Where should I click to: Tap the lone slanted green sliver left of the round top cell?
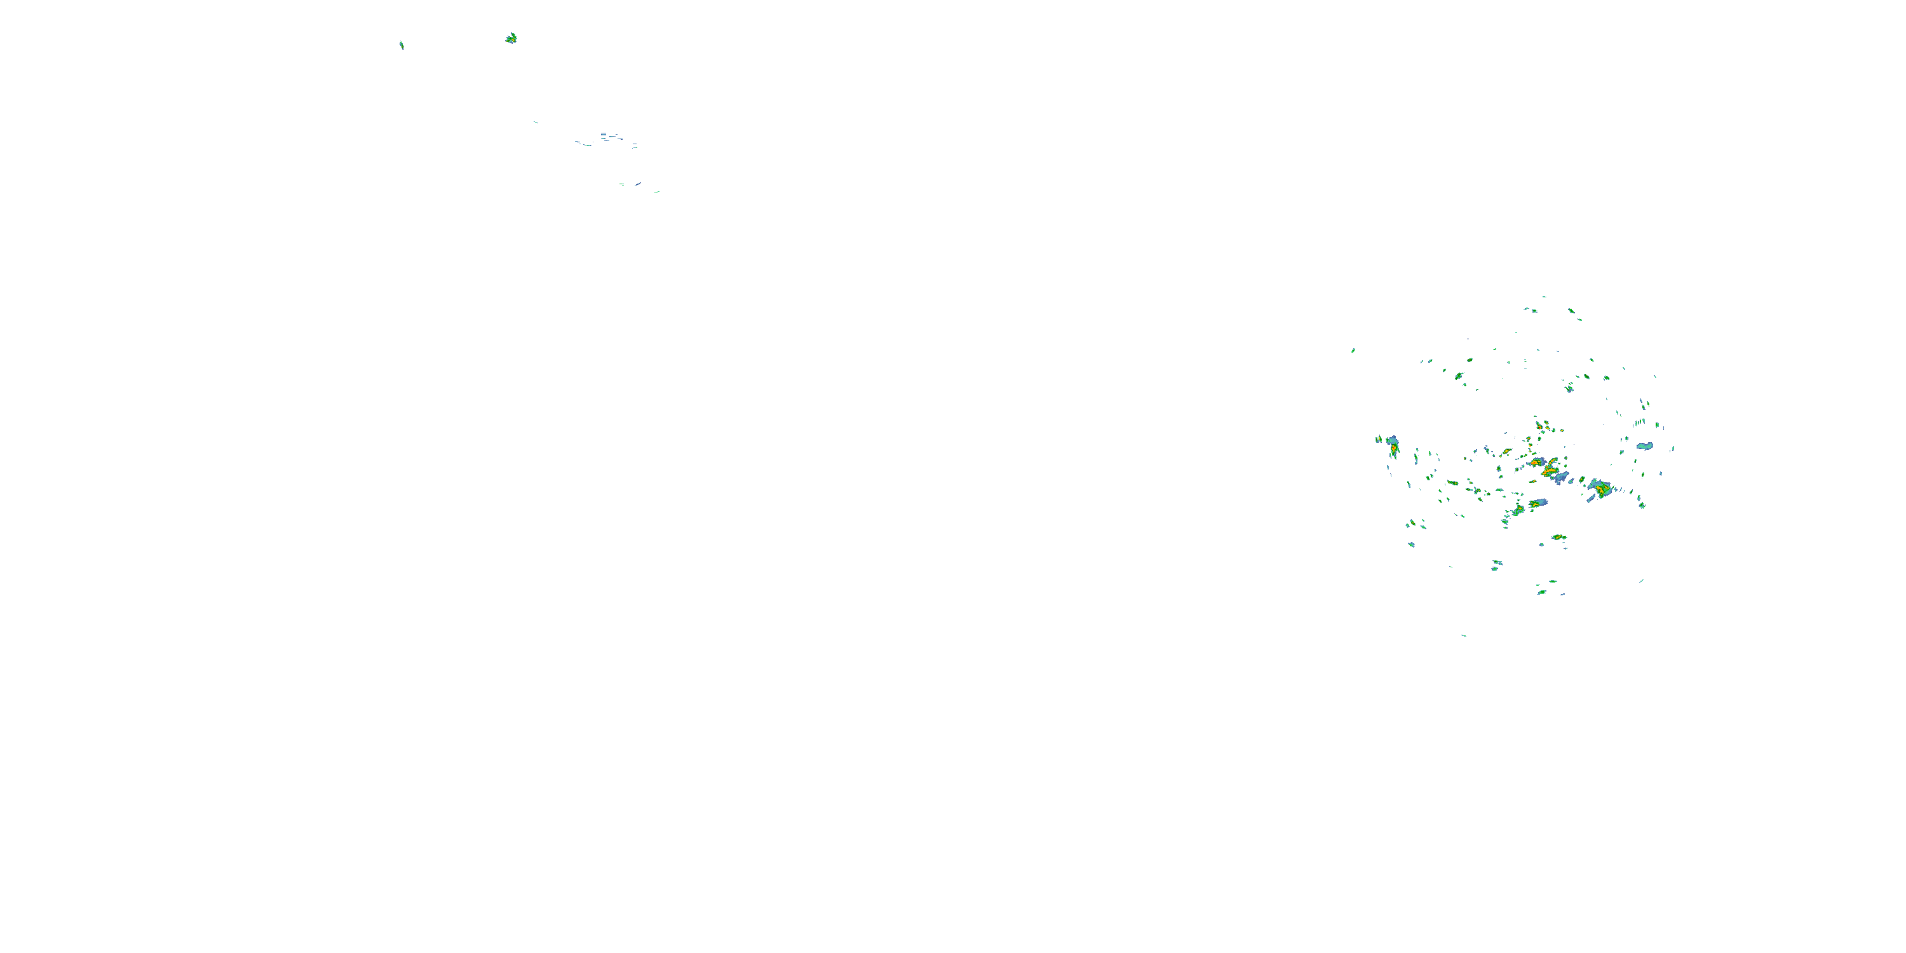click(x=402, y=45)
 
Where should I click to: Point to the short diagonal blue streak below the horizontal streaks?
click(x=637, y=184)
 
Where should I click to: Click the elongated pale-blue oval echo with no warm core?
click(x=1644, y=446)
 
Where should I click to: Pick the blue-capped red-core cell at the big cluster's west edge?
click(x=1393, y=445)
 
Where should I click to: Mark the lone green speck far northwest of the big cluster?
click(x=1353, y=351)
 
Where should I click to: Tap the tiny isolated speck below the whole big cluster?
click(x=1464, y=635)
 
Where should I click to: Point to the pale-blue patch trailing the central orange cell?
click(x=1561, y=478)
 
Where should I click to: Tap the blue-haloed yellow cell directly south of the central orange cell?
click(x=1538, y=504)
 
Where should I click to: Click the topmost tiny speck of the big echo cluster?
click(x=1544, y=297)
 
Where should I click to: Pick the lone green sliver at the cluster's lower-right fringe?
click(x=1641, y=581)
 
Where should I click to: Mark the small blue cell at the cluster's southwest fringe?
click(x=1412, y=544)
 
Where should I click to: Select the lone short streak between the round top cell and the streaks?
click(x=536, y=122)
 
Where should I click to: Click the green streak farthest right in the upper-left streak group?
click(x=656, y=192)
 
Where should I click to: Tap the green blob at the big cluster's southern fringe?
click(x=1542, y=592)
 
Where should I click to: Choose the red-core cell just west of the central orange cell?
click(x=1506, y=451)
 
